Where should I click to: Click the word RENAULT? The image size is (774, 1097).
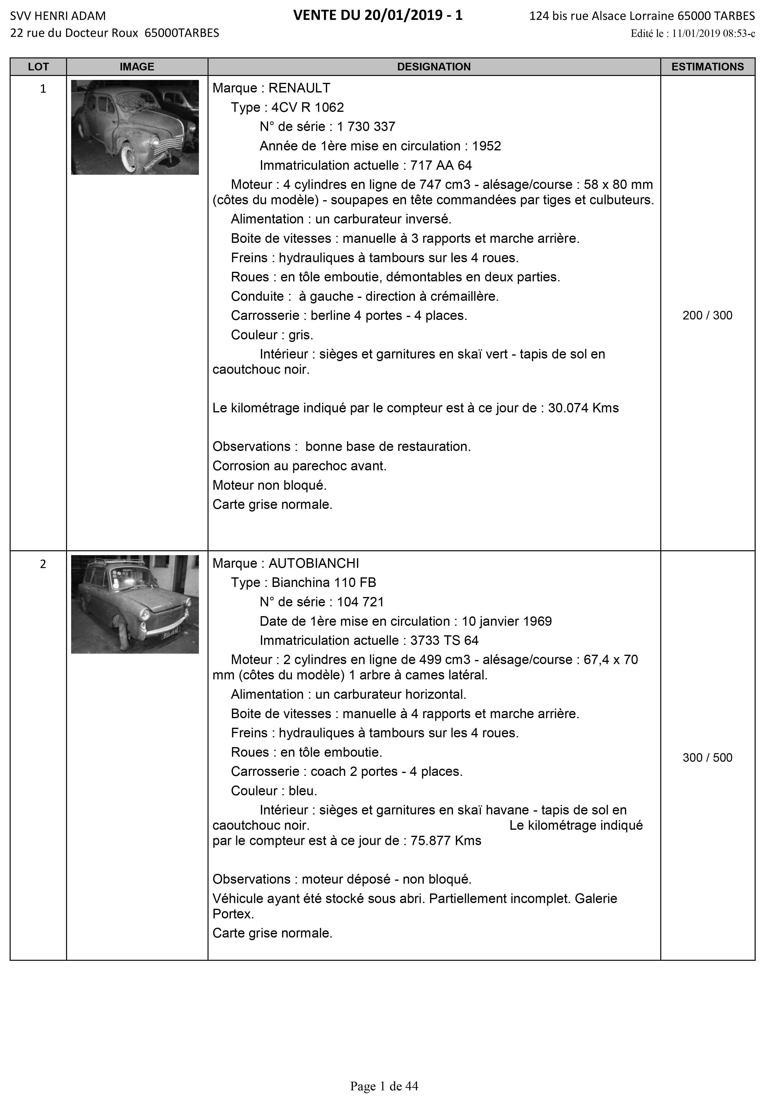point(299,88)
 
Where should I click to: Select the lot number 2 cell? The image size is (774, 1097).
point(43,564)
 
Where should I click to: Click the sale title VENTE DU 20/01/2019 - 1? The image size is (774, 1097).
point(378,16)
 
